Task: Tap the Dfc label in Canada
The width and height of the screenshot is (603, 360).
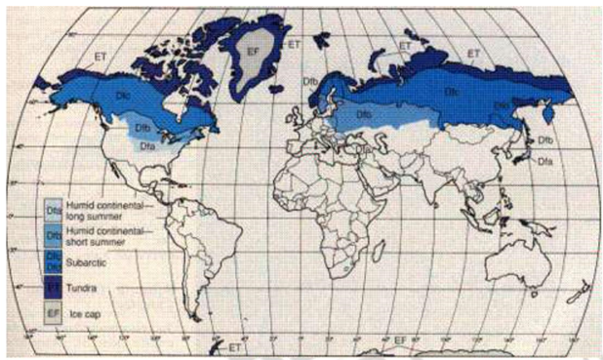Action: [x=124, y=97]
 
